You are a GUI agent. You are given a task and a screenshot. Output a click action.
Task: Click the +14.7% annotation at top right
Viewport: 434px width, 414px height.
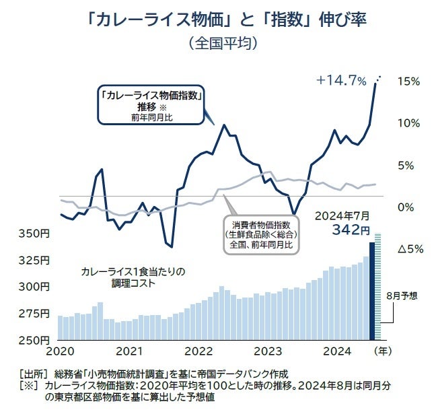(341, 81)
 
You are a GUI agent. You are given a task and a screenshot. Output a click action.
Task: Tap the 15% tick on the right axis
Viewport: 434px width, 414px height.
(409, 81)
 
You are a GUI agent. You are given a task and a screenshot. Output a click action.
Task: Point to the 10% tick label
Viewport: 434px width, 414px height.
(409, 123)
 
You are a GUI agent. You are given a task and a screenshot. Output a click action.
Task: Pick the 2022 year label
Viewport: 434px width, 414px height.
(198, 351)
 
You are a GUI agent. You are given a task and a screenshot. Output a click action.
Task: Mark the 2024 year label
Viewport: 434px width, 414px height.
(337, 351)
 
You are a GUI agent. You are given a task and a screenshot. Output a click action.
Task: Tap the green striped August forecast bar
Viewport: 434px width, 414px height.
(378, 287)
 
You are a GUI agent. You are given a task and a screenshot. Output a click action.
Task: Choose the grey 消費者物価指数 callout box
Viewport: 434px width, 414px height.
(261, 234)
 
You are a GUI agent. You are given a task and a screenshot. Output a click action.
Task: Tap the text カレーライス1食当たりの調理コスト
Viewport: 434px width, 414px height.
(132, 277)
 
